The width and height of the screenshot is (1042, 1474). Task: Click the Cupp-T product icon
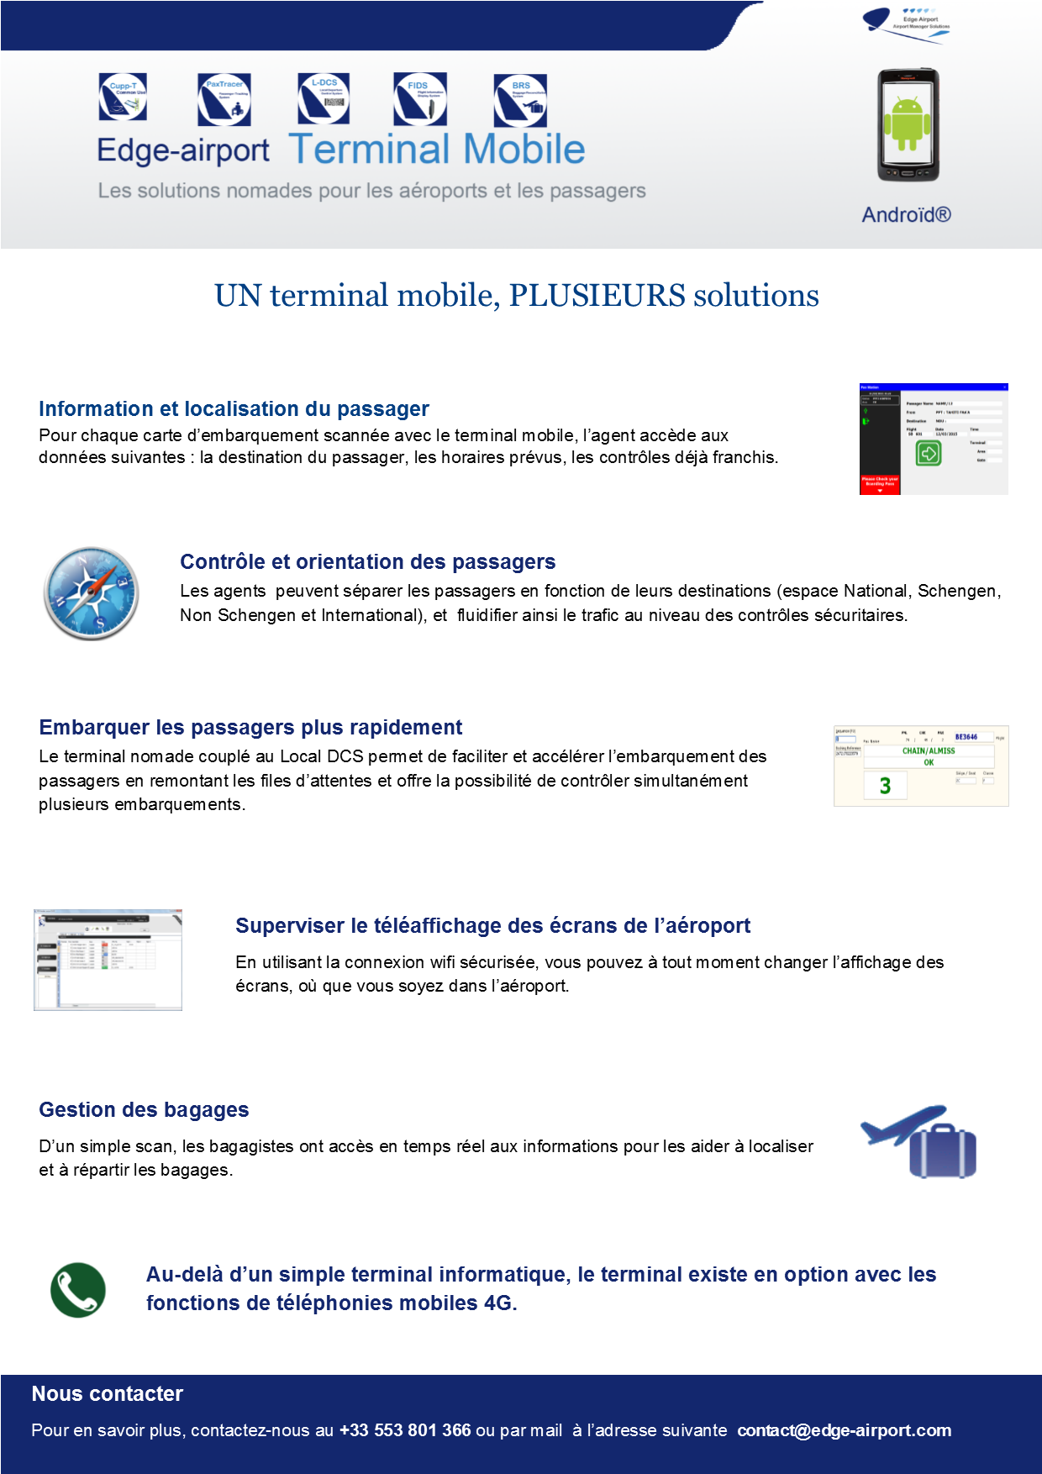coord(123,97)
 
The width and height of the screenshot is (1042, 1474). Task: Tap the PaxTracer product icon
coord(224,99)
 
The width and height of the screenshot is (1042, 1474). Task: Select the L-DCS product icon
coord(324,98)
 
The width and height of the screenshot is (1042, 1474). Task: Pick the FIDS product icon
coord(420,98)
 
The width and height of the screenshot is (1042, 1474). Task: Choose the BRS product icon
coord(520,100)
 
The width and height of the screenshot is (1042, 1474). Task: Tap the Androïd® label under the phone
coord(906,215)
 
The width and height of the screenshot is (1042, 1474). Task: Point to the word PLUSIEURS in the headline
coord(597,296)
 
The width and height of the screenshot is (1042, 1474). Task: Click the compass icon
coord(91,593)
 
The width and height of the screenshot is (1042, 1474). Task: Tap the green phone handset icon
coord(78,1290)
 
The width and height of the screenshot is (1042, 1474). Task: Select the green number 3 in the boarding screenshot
coord(885,786)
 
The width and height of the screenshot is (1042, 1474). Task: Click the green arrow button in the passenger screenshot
coord(928,454)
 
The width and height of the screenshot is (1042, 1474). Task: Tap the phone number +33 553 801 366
coord(405,1430)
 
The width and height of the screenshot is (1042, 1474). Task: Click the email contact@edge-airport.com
coord(844,1430)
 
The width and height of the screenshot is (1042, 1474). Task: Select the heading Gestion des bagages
coord(144,1110)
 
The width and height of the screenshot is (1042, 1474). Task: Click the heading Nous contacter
coord(107,1394)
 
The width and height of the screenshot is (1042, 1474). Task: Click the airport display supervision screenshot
coord(108,960)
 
